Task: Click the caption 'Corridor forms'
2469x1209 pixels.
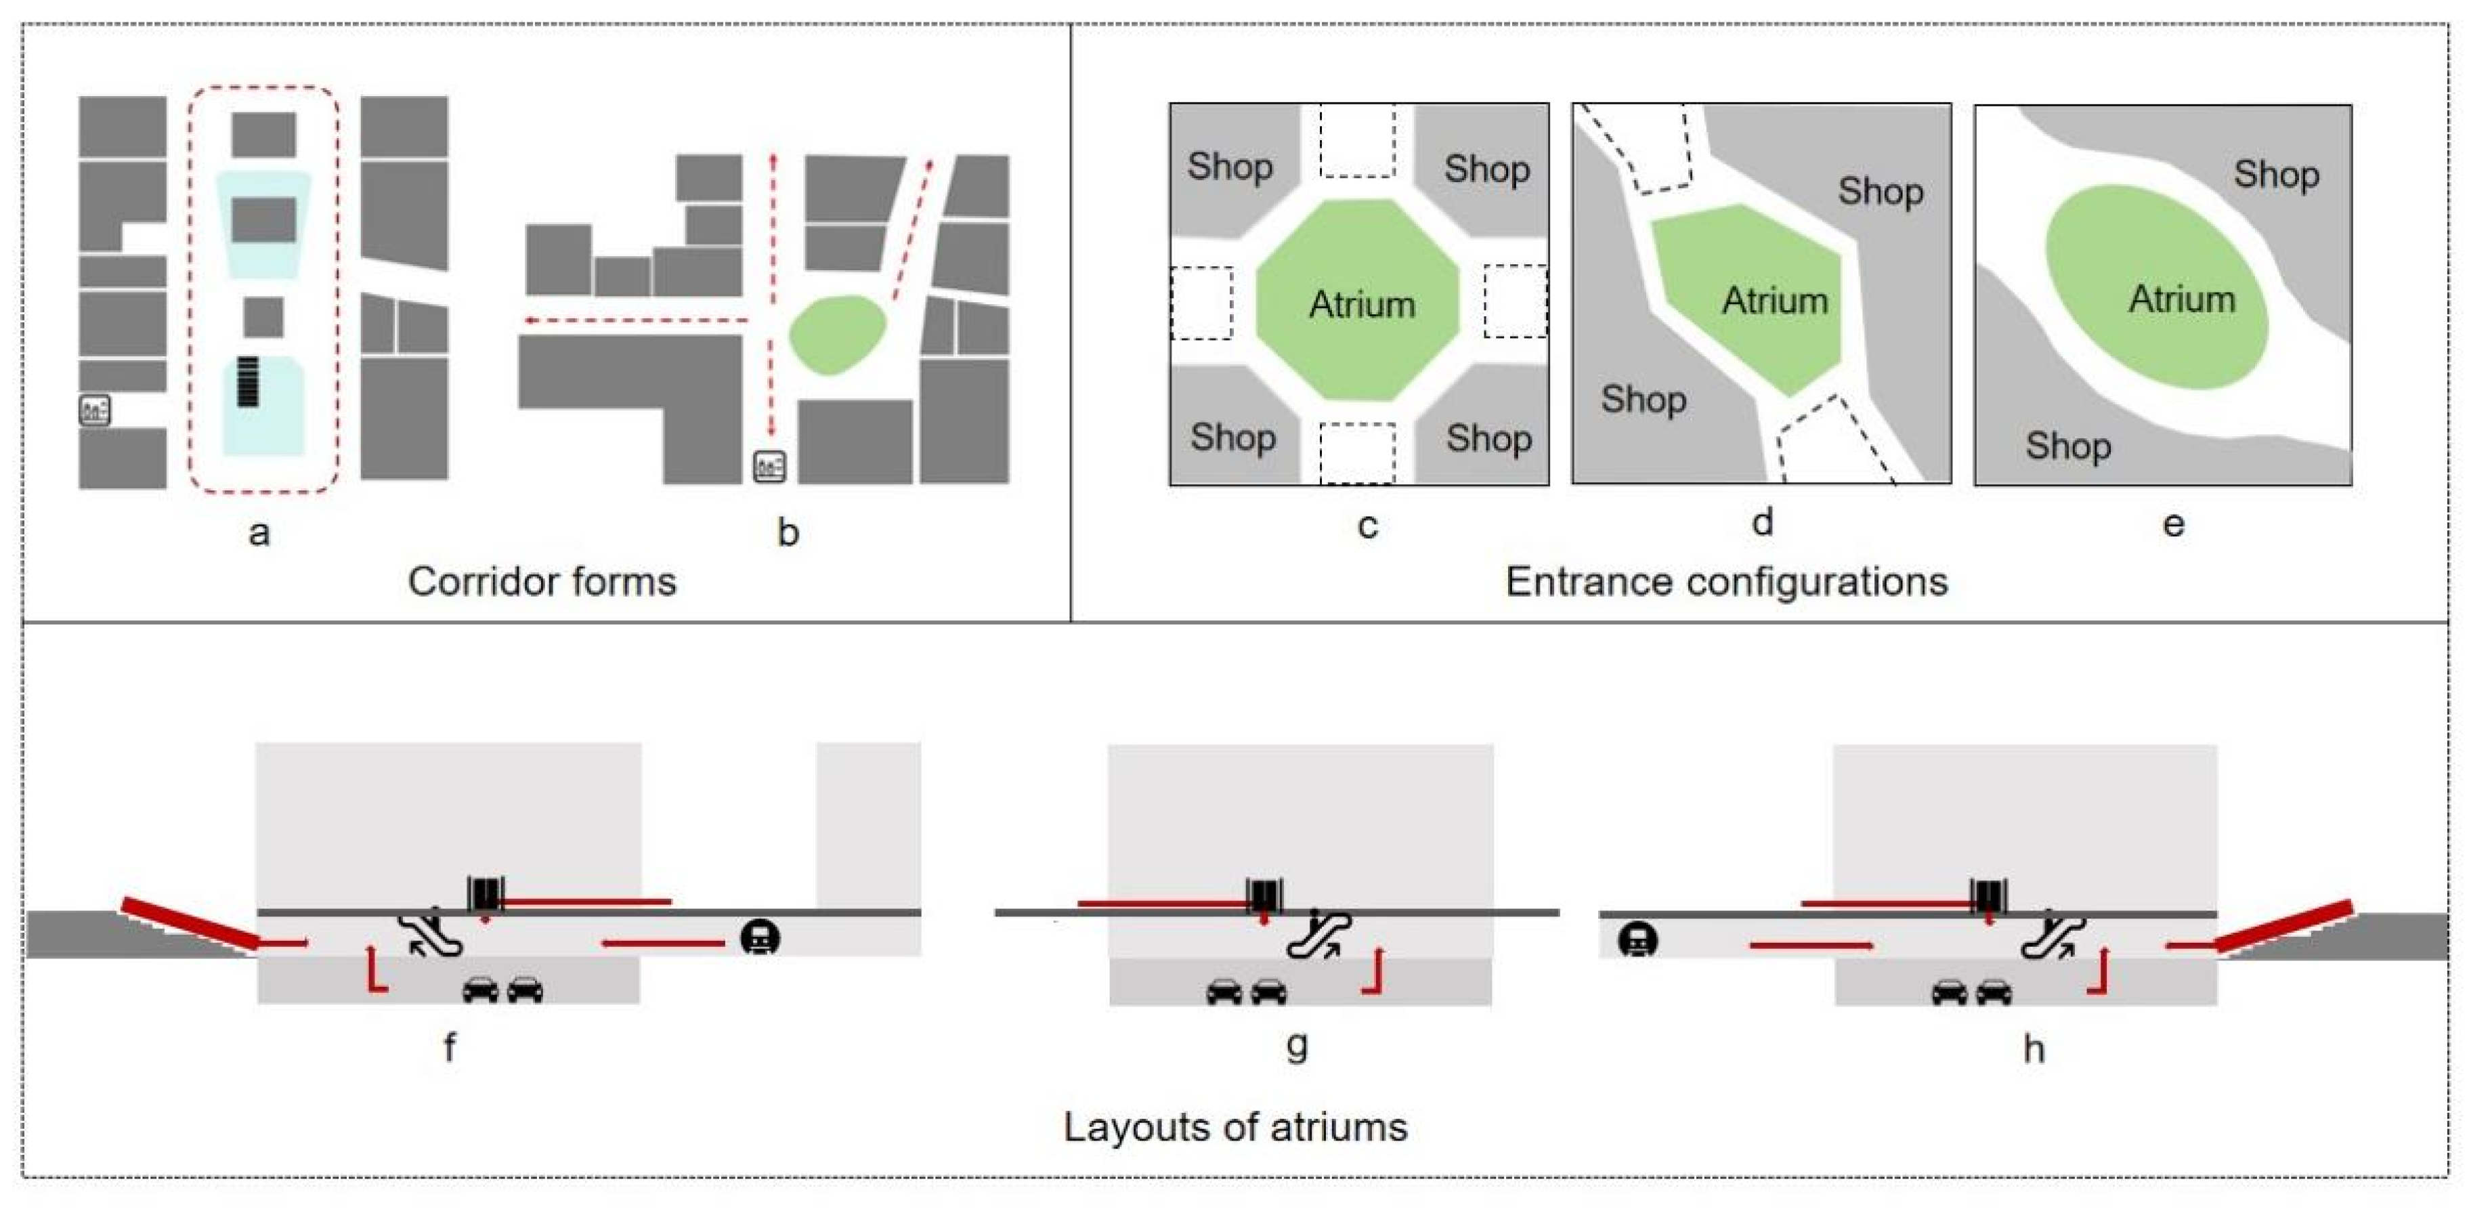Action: [x=542, y=581]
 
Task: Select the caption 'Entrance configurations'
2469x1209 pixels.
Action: [x=1726, y=581]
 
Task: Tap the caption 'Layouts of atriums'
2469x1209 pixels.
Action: [x=1234, y=1126]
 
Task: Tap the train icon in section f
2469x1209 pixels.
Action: [x=760, y=937]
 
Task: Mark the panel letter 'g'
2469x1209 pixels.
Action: [x=1296, y=1045]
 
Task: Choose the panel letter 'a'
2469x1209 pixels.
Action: [x=259, y=533]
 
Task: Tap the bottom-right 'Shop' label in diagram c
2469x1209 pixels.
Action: [x=1488, y=438]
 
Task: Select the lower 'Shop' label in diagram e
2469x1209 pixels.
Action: [x=2067, y=446]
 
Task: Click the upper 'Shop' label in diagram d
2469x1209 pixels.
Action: [x=1880, y=192]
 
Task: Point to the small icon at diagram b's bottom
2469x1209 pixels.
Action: [x=769, y=466]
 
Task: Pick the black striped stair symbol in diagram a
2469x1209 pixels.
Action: [x=249, y=381]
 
